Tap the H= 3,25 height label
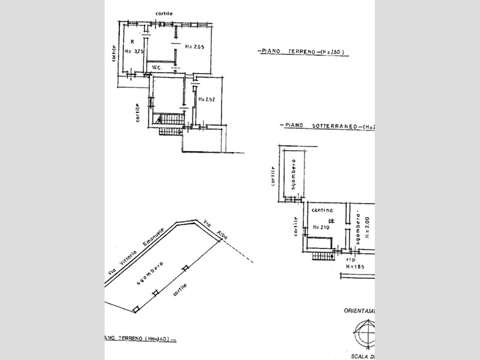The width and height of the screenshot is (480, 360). point(134,52)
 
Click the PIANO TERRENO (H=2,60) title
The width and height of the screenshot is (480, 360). point(302,52)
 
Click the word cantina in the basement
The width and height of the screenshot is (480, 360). point(322,210)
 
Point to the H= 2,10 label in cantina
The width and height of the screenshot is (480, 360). point(321,227)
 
